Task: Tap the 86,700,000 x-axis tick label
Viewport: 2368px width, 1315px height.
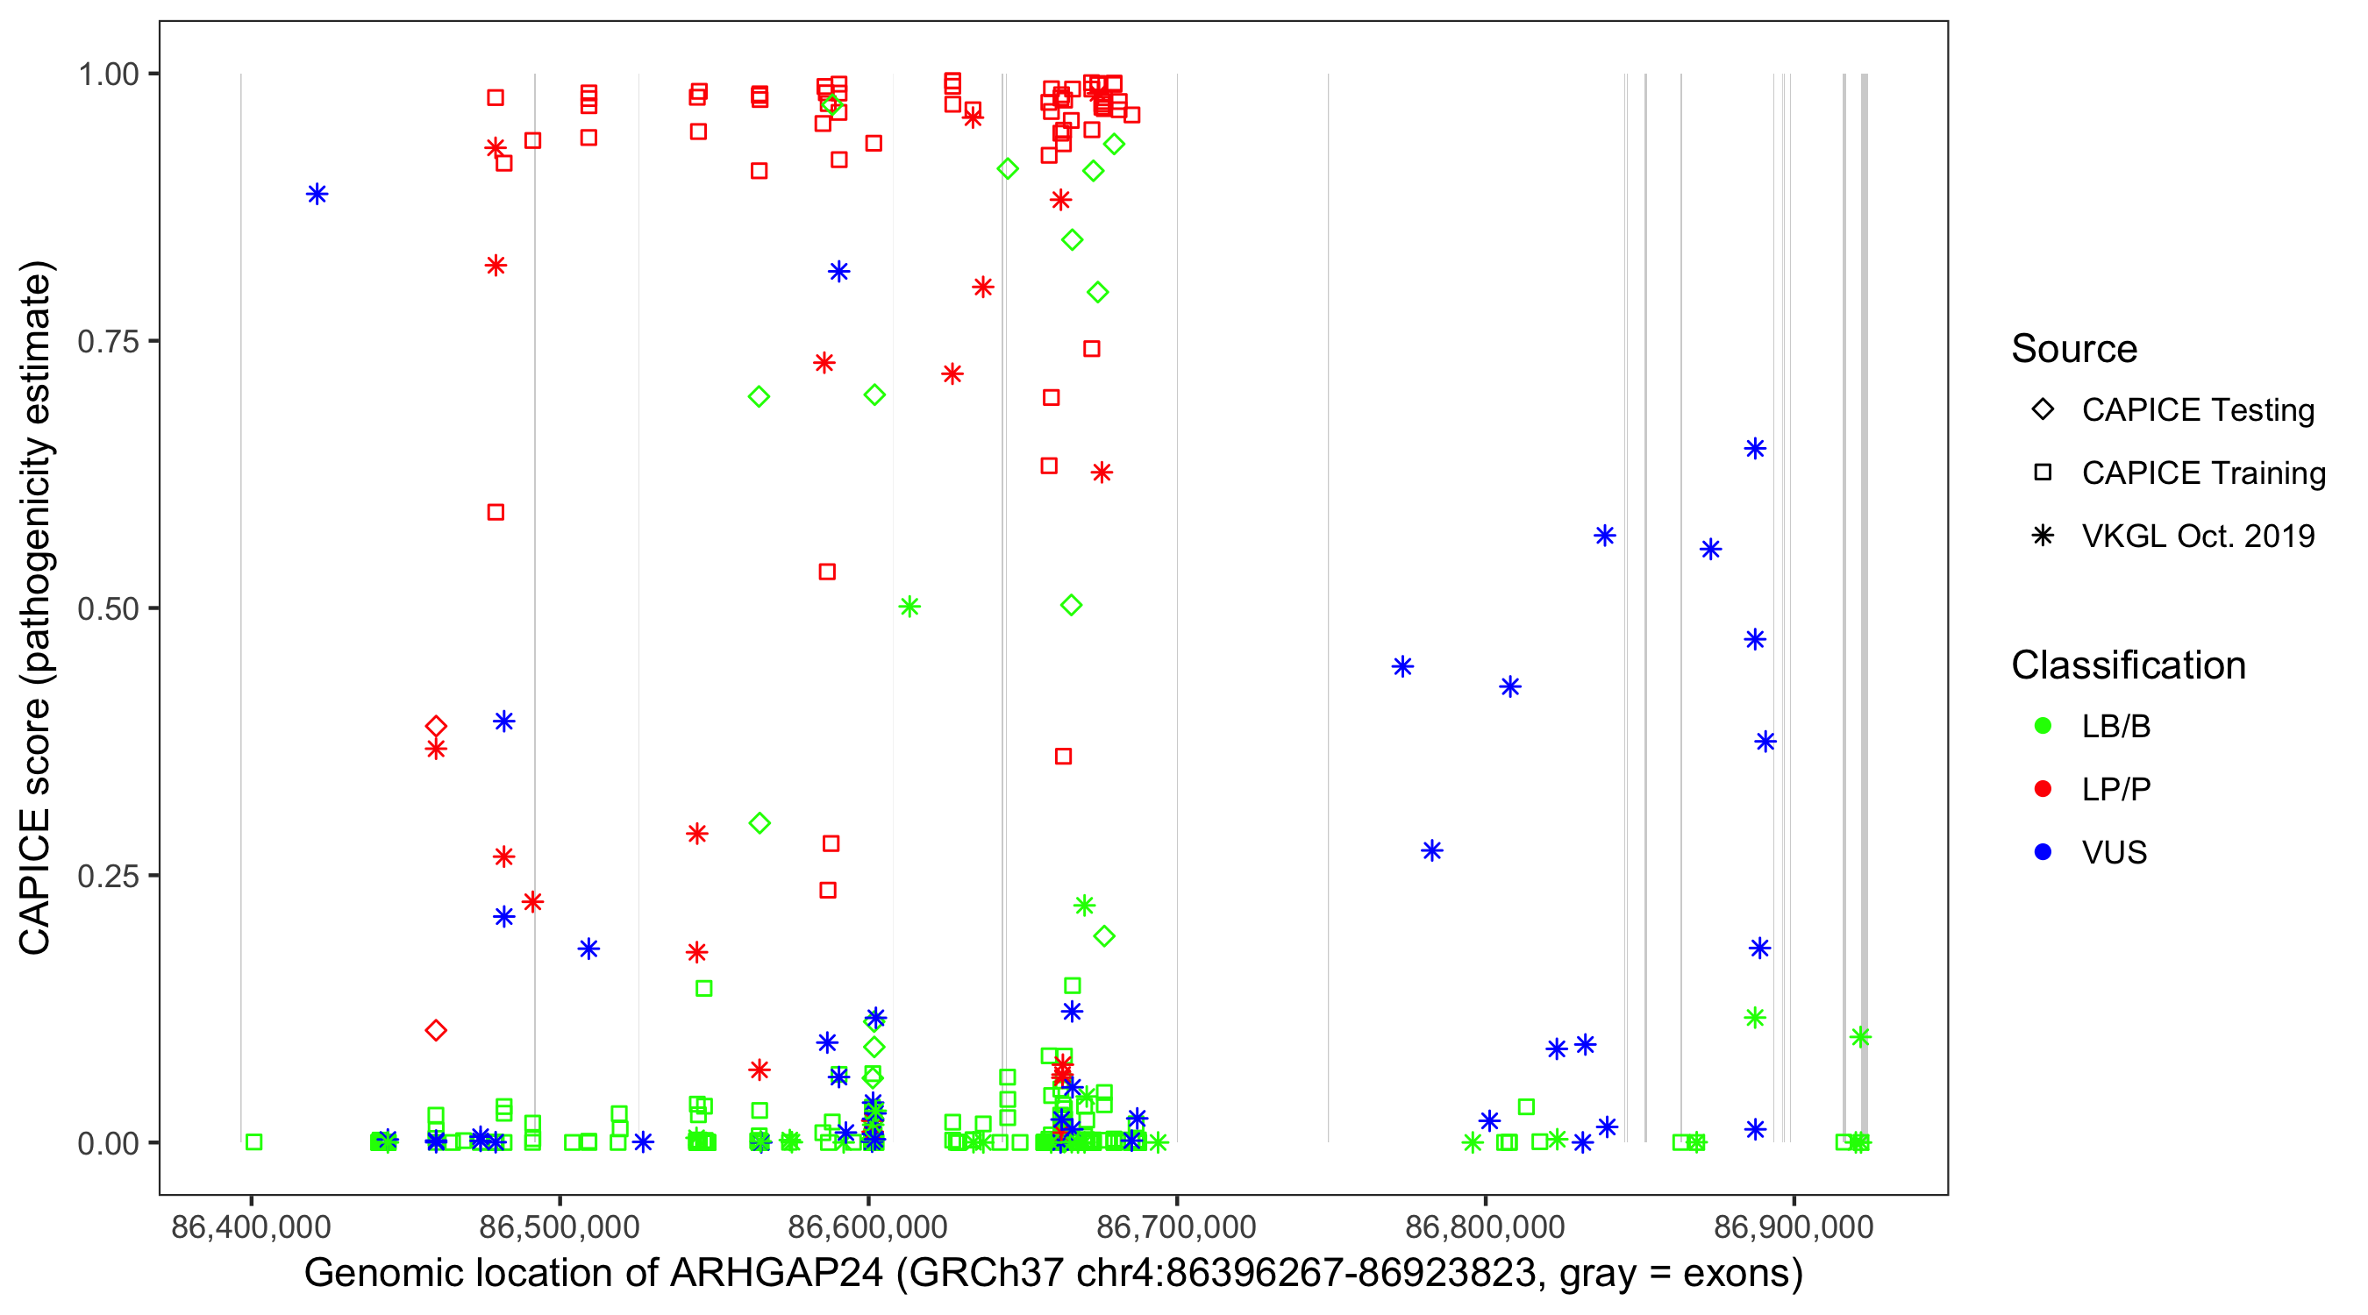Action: [1176, 1226]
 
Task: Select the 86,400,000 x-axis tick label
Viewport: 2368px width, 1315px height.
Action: [250, 1226]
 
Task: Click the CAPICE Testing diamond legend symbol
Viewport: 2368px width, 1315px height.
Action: [2043, 410]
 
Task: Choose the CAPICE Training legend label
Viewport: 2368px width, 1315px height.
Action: [2202, 473]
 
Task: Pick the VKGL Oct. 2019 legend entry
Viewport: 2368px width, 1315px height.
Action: [2197, 536]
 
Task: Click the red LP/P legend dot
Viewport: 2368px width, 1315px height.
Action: [2043, 789]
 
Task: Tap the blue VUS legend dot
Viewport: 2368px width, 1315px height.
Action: [2043, 853]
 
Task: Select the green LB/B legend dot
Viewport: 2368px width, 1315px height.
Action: [2043, 727]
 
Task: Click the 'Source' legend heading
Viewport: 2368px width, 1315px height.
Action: [2073, 349]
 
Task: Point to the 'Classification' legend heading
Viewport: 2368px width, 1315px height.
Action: [2127, 665]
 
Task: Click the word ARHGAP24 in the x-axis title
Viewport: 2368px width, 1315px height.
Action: [777, 1274]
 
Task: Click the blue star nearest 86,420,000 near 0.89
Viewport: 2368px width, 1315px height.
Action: [317, 194]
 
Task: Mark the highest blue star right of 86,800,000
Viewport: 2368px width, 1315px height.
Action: [1755, 449]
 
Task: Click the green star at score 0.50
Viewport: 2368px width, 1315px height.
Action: [909, 607]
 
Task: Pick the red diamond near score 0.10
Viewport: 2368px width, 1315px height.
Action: [436, 1030]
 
